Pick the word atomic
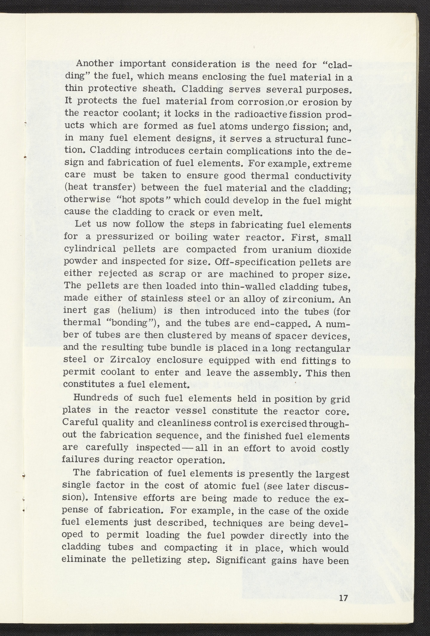(x=221, y=486)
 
